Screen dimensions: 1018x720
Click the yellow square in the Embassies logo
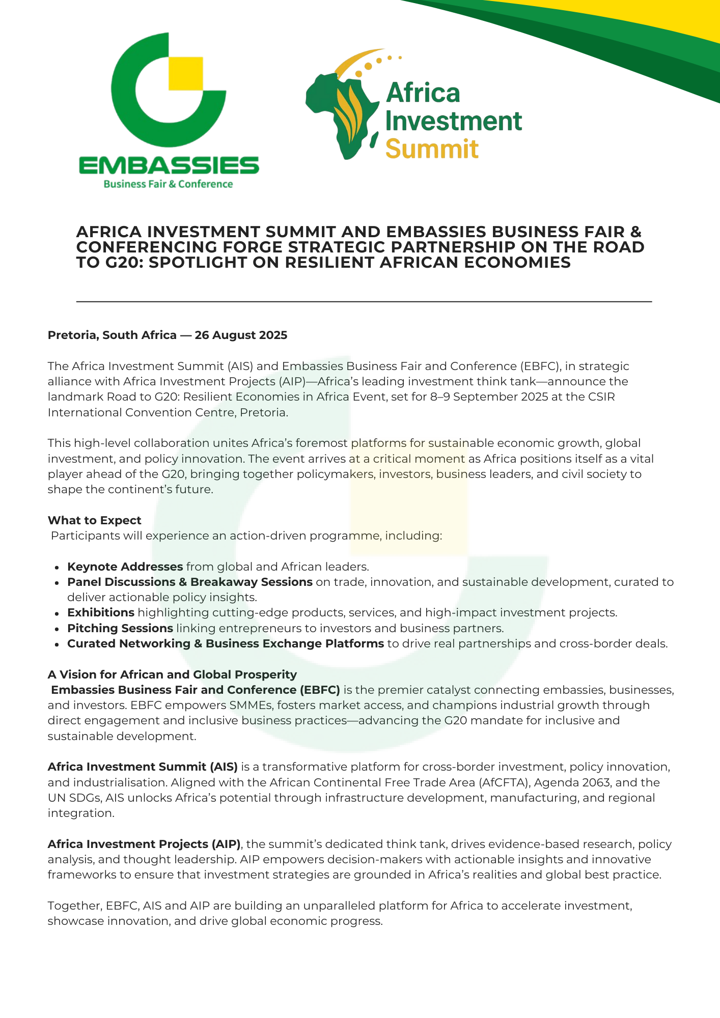(185, 73)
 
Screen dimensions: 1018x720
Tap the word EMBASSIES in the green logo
(169, 165)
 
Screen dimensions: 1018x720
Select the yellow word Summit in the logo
(432, 149)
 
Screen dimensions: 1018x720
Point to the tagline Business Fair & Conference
(168, 184)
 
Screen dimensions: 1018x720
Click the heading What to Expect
(95, 520)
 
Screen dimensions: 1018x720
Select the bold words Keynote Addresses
(125, 567)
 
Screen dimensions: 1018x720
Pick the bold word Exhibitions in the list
(101, 612)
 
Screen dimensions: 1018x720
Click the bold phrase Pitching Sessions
(120, 628)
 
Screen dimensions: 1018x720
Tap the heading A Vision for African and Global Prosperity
(172, 674)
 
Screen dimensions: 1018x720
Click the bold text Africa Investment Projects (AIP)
(144, 844)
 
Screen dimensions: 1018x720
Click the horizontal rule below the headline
(364, 302)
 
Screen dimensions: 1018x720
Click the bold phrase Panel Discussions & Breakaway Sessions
(190, 582)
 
